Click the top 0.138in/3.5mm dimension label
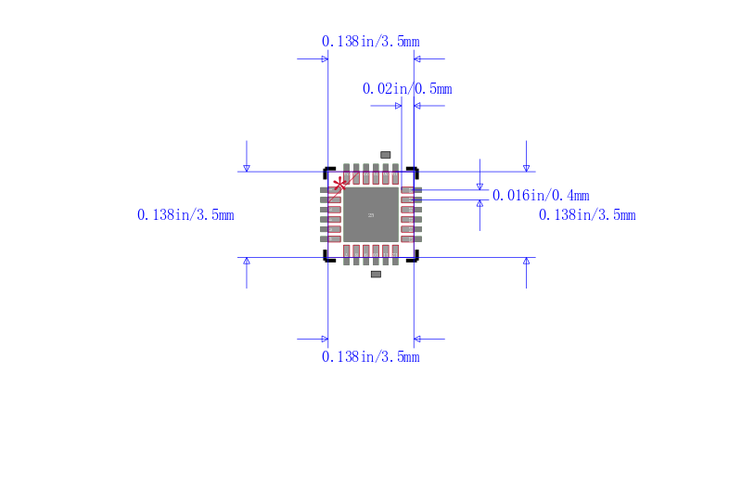pos(370,41)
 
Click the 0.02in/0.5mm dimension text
pos(407,88)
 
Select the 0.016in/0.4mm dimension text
pos(541,195)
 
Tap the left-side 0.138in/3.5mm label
pos(185,214)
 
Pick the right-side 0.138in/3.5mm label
pos(587,214)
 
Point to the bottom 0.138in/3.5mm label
pos(370,356)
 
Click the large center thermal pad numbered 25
pos(371,214)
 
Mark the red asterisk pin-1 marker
pos(340,185)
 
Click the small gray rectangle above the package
pos(386,154)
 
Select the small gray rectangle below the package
pos(376,275)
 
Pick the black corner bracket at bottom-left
pos(326,258)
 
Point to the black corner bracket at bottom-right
pos(415,258)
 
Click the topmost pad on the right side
pos(411,190)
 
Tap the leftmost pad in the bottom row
pos(347,254)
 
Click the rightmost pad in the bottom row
pos(396,254)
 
